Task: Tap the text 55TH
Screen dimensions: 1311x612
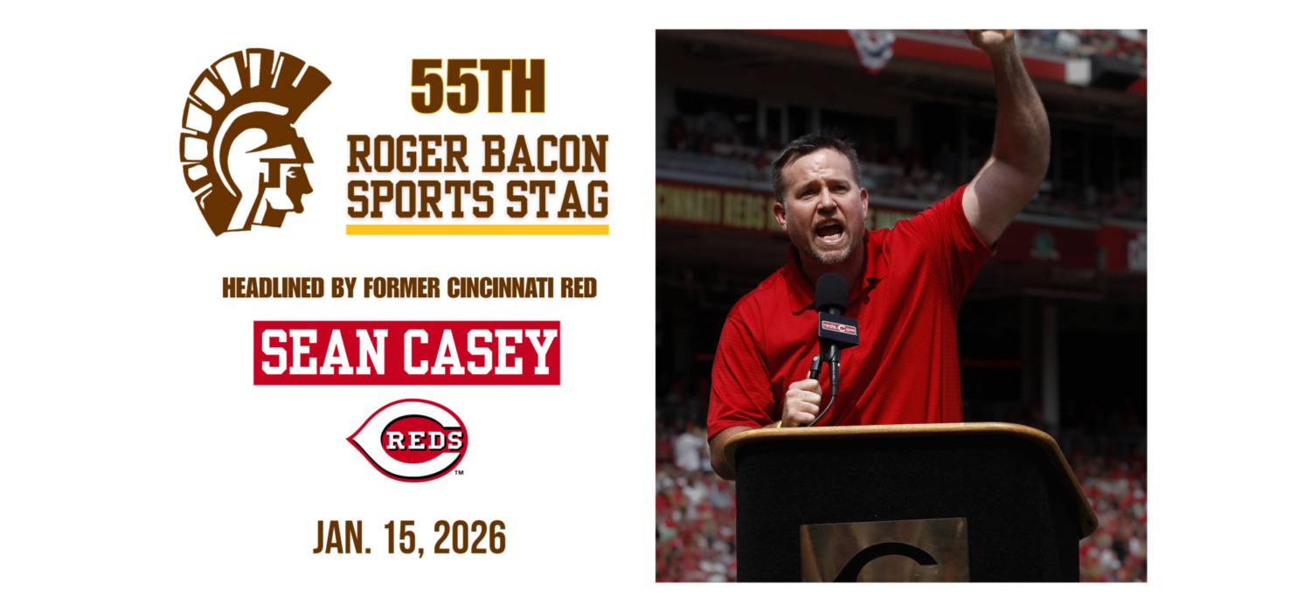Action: pyautogui.click(x=477, y=87)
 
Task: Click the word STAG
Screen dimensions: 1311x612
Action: pyautogui.click(x=558, y=198)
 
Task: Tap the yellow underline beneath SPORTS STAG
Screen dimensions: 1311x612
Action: pyautogui.click(x=477, y=230)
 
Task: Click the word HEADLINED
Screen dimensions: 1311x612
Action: pyautogui.click(x=274, y=289)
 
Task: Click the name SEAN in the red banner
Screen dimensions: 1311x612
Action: pyautogui.click(x=324, y=352)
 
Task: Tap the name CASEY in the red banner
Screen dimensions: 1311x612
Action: pyautogui.click(x=479, y=352)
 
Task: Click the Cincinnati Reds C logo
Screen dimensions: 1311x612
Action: pyautogui.click(x=408, y=441)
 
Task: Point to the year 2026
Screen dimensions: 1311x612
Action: pyautogui.click(x=469, y=538)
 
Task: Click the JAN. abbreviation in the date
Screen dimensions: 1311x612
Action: pyautogui.click(x=343, y=538)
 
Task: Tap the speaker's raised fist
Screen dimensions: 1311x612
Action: pyautogui.click(x=989, y=38)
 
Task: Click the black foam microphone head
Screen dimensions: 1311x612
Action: pyautogui.click(x=831, y=293)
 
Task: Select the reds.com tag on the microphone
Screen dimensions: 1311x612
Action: pyautogui.click(x=838, y=328)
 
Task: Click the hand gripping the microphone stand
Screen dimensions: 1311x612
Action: pyautogui.click(x=801, y=402)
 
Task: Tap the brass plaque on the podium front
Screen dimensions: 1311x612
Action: pyautogui.click(x=884, y=551)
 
